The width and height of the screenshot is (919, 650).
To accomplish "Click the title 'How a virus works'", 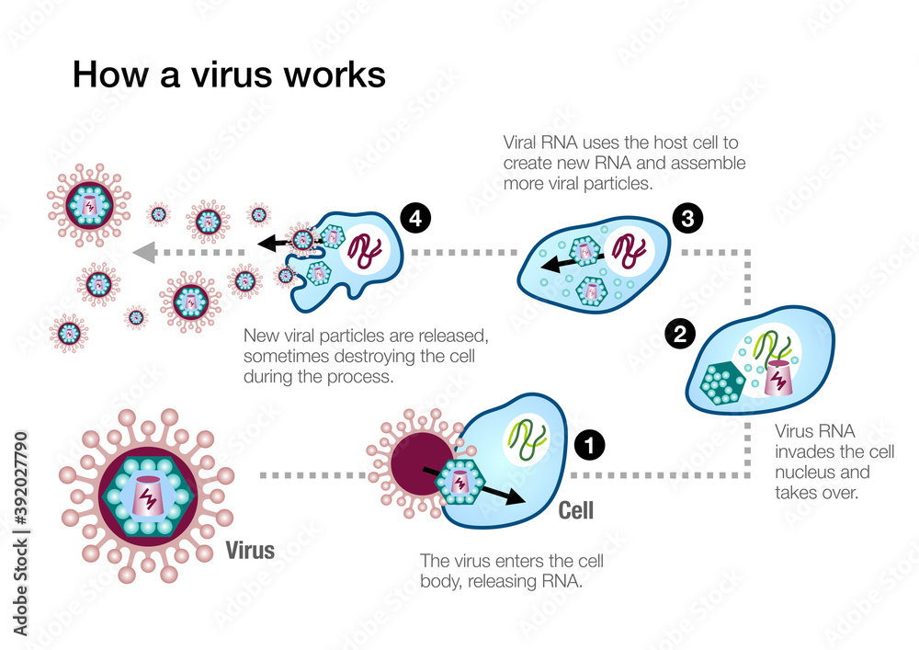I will click(229, 74).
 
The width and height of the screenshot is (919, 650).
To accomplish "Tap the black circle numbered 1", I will click(588, 446).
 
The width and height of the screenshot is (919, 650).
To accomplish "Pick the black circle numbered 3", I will click(686, 220).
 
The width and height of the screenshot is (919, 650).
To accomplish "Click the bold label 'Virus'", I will click(250, 551).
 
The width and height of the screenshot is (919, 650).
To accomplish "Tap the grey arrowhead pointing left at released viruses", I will click(142, 250).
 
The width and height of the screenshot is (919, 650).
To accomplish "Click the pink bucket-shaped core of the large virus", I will click(148, 496).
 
